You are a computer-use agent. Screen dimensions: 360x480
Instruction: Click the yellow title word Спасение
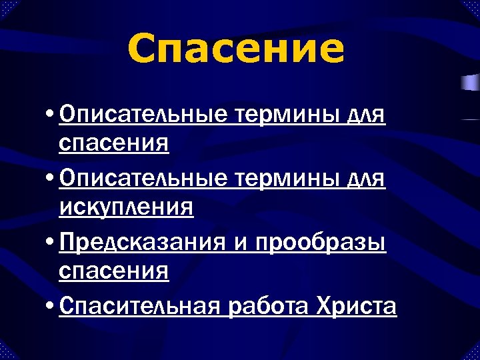click(x=236, y=49)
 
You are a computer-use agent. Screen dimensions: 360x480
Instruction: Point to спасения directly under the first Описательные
click(x=113, y=143)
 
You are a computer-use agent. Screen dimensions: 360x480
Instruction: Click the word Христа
click(x=357, y=307)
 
